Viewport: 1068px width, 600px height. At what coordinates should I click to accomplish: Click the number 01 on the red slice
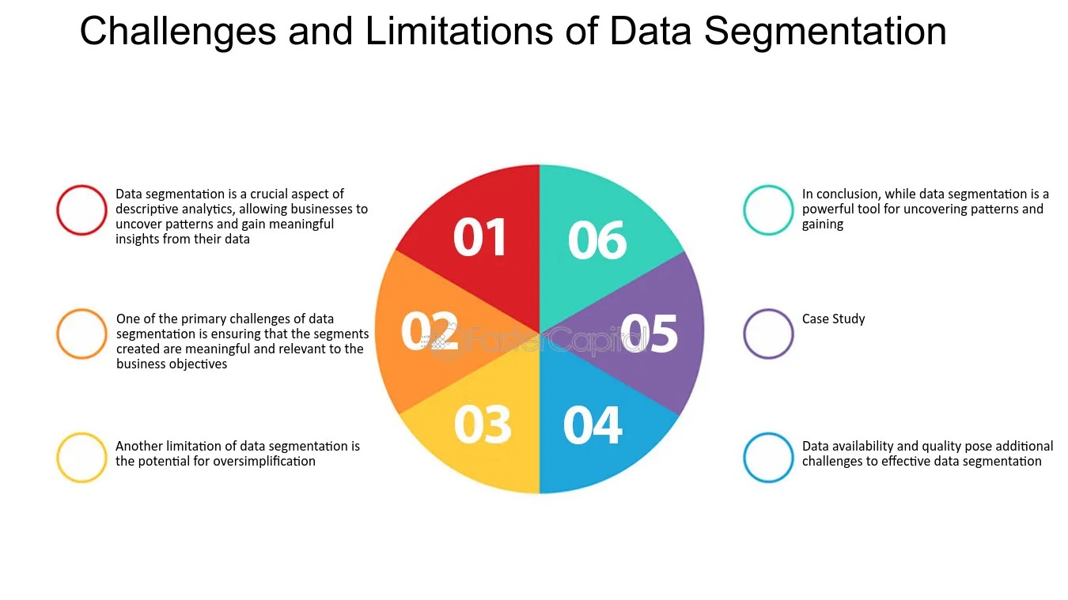[x=479, y=237]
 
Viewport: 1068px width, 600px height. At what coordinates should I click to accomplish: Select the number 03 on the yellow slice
[x=483, y=425]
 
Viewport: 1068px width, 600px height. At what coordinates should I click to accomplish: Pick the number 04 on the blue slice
[x=593, y=425]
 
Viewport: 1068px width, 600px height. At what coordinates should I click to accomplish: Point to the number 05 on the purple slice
[x=649, y=333]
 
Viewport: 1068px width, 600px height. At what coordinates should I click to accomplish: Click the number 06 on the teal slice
[x=597, y=240]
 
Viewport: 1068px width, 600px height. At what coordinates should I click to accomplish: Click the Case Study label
[x=833, y=319]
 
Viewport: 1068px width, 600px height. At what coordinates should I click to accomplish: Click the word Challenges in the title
[x=178, y=32]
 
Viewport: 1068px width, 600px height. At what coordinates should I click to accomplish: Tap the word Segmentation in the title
[x=825, y=32]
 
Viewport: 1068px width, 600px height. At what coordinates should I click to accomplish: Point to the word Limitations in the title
[x=459, y=31]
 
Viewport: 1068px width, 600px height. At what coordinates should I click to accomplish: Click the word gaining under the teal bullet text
[x=823, y=225]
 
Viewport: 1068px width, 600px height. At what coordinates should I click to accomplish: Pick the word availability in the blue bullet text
[x=864, y=447]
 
